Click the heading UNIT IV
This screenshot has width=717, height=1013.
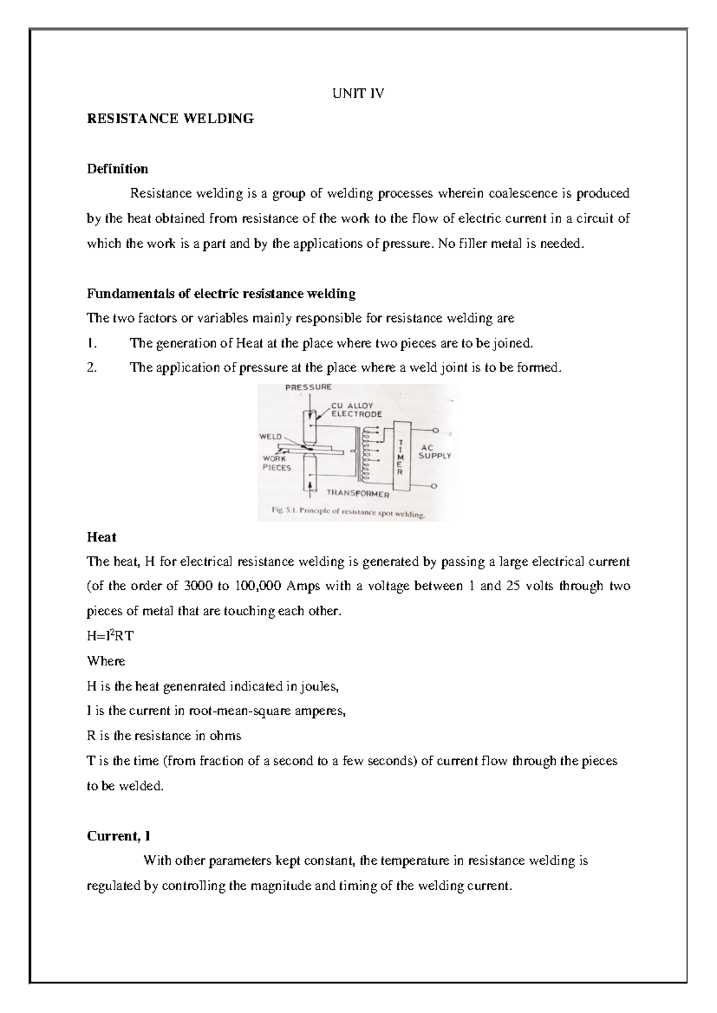(x=358, y=93)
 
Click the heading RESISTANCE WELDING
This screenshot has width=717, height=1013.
(x=170, y=118)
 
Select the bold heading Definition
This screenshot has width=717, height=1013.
(x=118, y=168)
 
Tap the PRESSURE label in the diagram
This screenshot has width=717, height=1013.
(x=308, y=387)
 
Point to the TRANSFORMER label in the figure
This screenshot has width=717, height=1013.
(x=358, y=494)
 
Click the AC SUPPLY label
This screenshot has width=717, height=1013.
(x=434, y=451)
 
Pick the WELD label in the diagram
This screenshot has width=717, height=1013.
(x=270, y=437)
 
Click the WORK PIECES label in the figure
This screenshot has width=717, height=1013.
(x=277, y=463)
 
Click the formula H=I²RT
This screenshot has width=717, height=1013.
(x=111, y=636)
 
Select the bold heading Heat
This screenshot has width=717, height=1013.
(x=102, y=537)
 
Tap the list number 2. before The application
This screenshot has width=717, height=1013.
(x=92, y=368)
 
